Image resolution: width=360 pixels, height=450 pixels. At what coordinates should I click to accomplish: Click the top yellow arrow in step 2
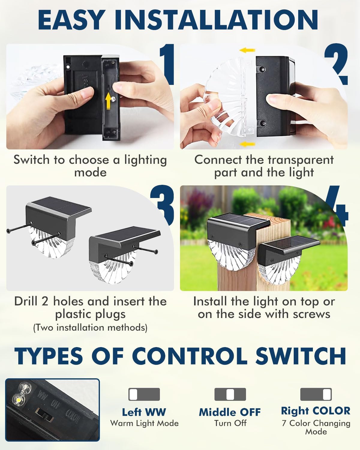(247, 50)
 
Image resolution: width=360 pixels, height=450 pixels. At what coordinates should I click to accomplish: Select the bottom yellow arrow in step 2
(247, 144)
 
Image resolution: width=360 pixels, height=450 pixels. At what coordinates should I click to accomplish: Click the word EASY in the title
(71, 20)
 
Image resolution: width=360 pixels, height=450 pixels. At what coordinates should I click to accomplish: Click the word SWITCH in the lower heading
(301, 356)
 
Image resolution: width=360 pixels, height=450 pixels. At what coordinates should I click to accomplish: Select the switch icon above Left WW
(144, 394)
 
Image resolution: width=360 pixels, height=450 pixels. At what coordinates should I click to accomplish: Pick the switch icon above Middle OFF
(230, 394)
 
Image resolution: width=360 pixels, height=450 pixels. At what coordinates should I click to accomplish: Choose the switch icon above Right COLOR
(316, 394)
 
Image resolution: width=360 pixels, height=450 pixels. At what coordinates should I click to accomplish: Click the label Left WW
(144, 412)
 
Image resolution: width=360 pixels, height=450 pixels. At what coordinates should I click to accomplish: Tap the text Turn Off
(230, 423)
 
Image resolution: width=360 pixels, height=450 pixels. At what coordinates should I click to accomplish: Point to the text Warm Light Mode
(144, 423)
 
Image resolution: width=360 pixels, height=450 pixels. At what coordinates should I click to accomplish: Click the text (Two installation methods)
(90, 328)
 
